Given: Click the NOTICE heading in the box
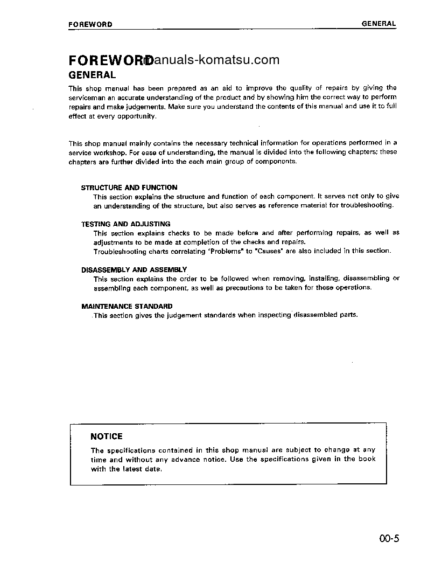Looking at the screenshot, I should click(x=107, y=436).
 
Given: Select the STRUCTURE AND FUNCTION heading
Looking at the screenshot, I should click(x=129, y=188).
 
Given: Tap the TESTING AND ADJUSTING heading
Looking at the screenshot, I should click(x=125, y=224).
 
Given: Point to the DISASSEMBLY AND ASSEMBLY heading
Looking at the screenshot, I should click(x=134, y=269).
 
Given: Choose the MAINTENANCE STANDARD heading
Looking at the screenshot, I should click(x=127, y=306).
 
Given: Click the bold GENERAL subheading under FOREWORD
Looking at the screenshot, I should click(x=92, y=75).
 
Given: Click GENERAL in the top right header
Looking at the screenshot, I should click(x=378, y=24).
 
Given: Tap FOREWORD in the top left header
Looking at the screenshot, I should click(x=90, y=24).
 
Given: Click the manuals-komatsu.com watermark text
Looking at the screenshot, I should click(x=215, y=60).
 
